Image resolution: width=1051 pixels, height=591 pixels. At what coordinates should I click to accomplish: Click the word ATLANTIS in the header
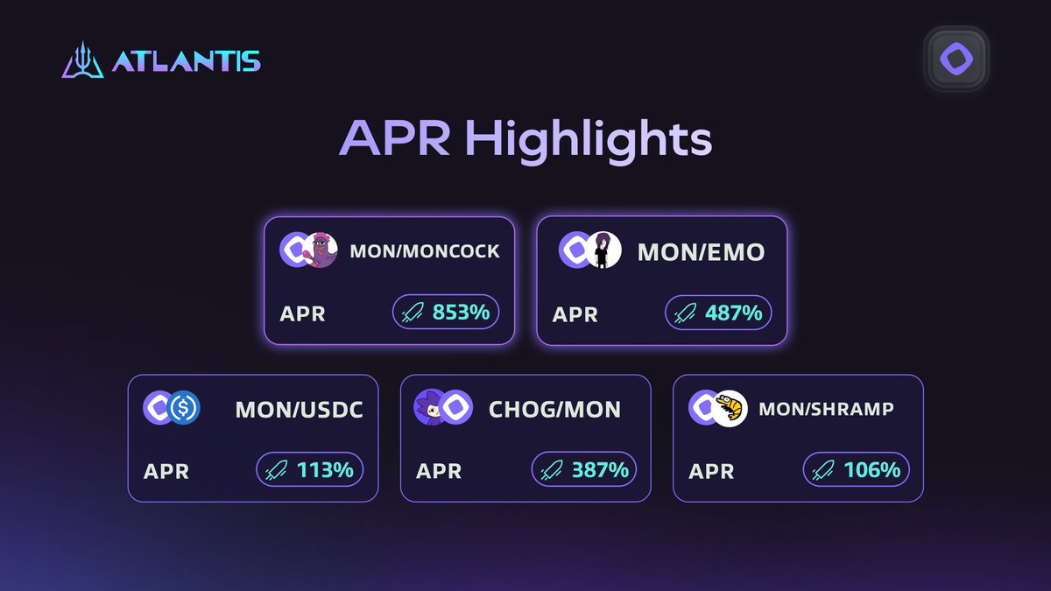pos(186,62)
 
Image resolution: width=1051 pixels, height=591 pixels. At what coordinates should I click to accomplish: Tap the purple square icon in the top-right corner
pos(956,60)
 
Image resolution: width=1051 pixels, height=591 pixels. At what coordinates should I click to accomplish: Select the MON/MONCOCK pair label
pos(425,251)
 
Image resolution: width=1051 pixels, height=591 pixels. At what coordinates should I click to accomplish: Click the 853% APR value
pos(461,312)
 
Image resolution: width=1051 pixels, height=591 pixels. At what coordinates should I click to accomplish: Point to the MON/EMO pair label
pos(701,252)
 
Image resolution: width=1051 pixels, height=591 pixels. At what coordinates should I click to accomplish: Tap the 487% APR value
pos(733,313)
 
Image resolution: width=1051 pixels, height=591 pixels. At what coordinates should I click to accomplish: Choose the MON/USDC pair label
pos(299,409)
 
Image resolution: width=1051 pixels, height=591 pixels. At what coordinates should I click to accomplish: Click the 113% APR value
pos(324,470)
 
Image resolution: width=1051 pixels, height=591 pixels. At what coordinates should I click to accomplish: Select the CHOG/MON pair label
pos(554,409)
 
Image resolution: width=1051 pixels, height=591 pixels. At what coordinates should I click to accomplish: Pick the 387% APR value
pos(600,470)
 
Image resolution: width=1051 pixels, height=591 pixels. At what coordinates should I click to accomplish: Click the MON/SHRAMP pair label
pos(826,409)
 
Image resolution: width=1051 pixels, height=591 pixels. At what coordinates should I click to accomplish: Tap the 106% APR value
pos(871,470)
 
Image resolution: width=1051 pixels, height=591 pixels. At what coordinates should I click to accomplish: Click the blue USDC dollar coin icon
pos(185,407)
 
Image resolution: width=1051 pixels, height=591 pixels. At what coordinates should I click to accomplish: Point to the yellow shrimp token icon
pos(729,407)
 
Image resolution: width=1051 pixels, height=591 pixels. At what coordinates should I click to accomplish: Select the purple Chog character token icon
pos(432,406)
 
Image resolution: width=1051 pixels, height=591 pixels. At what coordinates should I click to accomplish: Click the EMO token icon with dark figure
pos(603,250)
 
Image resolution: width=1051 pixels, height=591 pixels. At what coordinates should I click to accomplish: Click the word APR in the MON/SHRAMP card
pos(711,471)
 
